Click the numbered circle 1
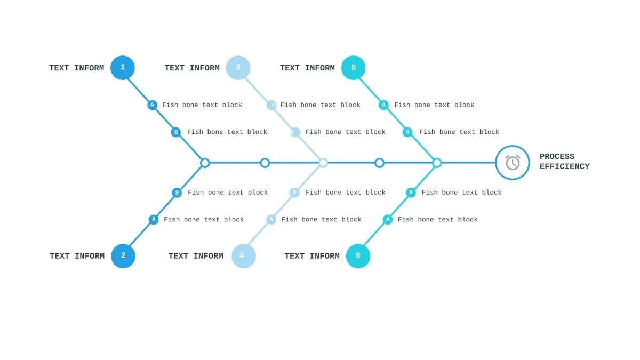pyautogui.click(x=123, y=68)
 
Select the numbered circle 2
pyautogui.click(x=123, y=256)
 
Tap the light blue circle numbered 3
pyautogui.click(x=238, y=68)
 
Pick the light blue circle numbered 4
pyautogui.click(x=243, y=256)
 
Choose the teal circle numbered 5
pyautogui.click(x=354, y=68)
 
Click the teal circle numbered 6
pyautogui.click(x=358, y=256)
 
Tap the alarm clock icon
pyautogui.click(x=513, y=163)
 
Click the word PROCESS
pyautogui.click(x=557, y=157)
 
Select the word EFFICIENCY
pyautogui.click(x=564, y=166)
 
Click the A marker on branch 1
pyautogui.click(x=153, y=105)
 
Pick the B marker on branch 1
pyautogui.click(x=176, y=132)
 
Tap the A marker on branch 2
pyautogui.click(x=154, y=219)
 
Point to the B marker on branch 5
pyautogui.click(x=407, y=132)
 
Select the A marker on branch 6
pyautogui.click(x=388, y=219)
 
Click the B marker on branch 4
pyautogui.click(x=294, y=193)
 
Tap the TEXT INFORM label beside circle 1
pyautogui.click(x=77, y=68)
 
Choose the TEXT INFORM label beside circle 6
pyautogui.click(x=312, y=256)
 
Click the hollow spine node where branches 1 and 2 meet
pyautogui.click(x=205, y=163)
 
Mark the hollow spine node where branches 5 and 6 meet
pyautogui.click(x=437, y=163)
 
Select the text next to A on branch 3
pyautogui.click(x=321, y=105)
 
